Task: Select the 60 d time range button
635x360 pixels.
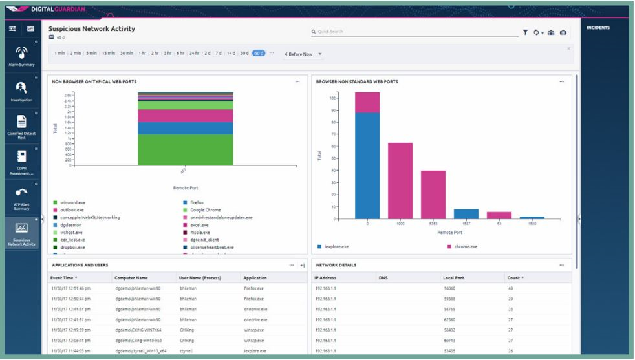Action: point(259,53)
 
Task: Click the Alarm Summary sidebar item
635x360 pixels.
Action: point(21,56)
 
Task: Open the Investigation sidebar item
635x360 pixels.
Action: point(21,91)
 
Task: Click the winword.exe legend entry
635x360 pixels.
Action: point(72,203)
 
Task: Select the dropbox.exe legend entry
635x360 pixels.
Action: point(71,247)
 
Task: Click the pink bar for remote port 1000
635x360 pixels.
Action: point(400,180)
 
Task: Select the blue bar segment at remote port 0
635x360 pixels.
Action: point(367,165)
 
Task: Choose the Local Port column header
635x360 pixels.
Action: point(453,277)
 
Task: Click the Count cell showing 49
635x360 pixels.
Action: point(511,288)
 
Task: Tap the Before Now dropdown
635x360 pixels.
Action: point(303,54)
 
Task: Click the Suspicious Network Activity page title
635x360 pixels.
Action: point(91,29)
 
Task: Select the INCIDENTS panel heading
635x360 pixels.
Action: point(597,28)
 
